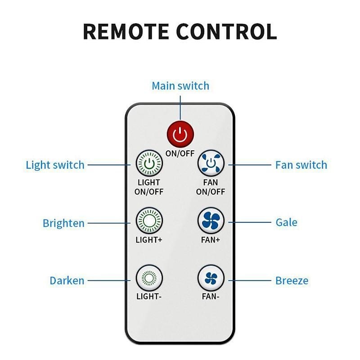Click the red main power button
pyautogui.click(x=180, y=134)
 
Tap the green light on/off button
pyautogui.click(x=149, y=163)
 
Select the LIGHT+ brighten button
pyautogui.click(x=149, y=221)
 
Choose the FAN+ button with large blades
pyautogui.click(x=211, y=221)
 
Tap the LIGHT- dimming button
pyautogui.click(x=149, y=278)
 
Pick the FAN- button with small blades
pyautogui.click(x=211, y=278)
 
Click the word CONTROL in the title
pyautogui.click(x=226, y=31)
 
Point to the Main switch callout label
pyautogui.click(x=180, y=86)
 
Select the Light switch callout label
pyautogui.click(x=55, y=165)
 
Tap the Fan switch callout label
pyautogui.click(x=301, y=165)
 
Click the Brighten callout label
pyautogui.click(x=63, y=223)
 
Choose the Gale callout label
pyautogui.click(x=287, y=222)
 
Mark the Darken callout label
pyautogui.click(x=67, y=280)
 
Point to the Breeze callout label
pyautogui.click(x=292, y=280)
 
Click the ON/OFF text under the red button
pyautogui.click(x=180, y=153)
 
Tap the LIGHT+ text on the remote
pyautogui.click(x=149, y=240)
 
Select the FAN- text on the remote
pyautogui.click(x=211, y=297)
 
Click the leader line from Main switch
pyautogui.click(x=180, y=108)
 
